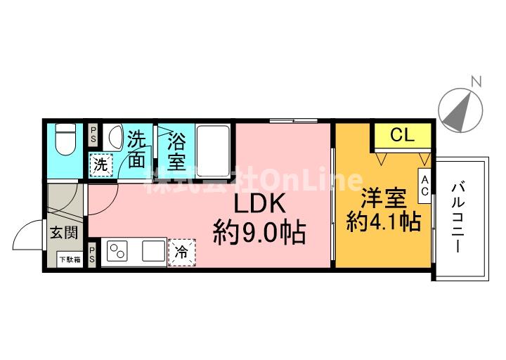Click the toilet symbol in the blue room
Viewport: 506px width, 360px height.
[65, 140]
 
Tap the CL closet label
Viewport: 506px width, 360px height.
[401, 136]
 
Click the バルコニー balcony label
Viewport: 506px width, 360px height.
[458, 218]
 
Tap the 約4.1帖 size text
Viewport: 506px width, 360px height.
[384, 223]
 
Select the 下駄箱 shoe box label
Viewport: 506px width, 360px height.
[69, 259]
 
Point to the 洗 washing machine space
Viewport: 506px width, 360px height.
[101, 167]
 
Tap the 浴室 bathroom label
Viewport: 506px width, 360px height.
[176, 151]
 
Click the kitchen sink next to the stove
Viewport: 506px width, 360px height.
[153, 251]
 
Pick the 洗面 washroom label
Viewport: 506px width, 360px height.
[137, 150]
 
